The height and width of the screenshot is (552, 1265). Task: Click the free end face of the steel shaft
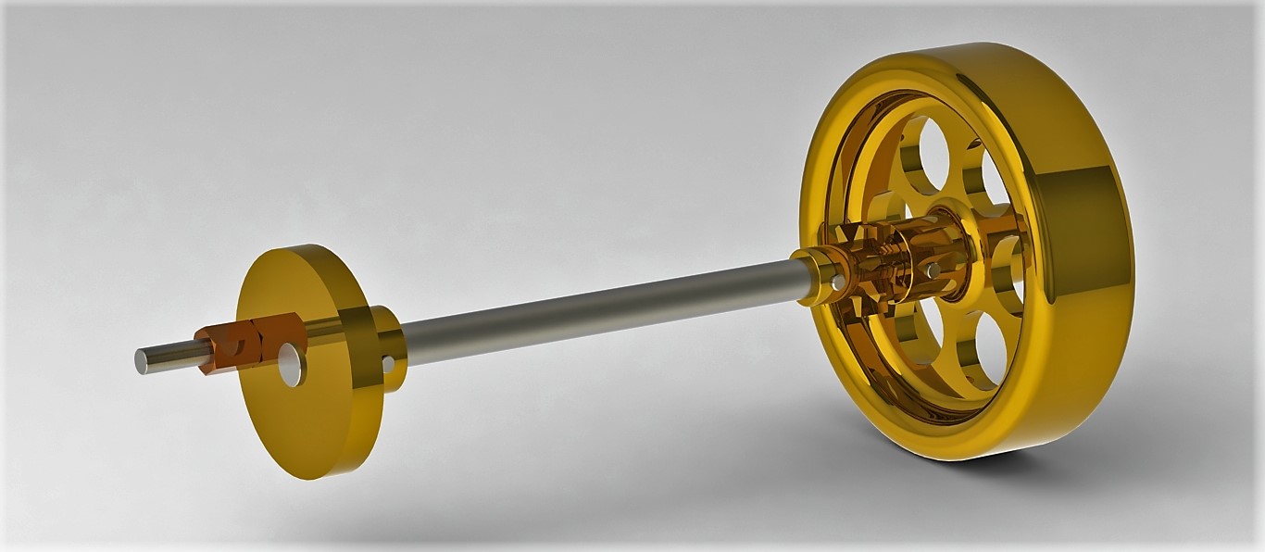tap(142, 362)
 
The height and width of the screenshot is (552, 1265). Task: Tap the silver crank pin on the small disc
tap(292, 365)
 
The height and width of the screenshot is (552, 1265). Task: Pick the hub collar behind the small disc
tap(387, 346)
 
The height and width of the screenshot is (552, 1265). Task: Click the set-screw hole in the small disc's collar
tap(388, 364)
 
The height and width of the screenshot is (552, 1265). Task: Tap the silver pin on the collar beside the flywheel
tap(836, 282)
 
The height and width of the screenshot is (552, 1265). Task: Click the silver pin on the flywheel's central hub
tap(933, 270)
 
